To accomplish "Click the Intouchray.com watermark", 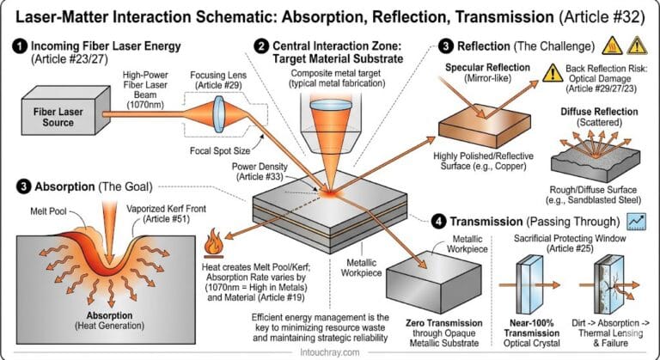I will [330, 351].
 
